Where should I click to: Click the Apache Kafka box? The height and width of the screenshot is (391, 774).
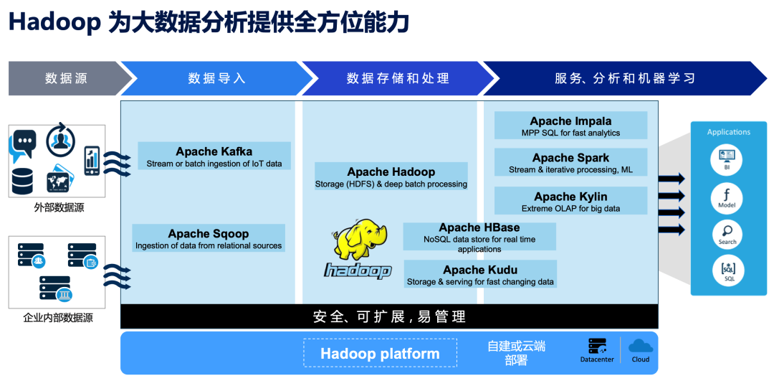pos(214,156)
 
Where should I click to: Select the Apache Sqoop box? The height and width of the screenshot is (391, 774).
pos(209,237)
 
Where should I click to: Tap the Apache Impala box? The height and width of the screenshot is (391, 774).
pos(570,125)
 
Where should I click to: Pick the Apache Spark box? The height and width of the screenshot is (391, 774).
pos(570,162)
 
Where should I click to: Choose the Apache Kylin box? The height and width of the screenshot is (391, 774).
pos(570,201)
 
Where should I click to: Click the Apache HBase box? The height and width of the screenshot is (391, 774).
pos(479,237)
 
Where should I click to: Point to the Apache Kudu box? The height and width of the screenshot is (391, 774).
pos(480,274)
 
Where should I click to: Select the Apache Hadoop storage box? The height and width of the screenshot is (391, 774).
pos(391,176)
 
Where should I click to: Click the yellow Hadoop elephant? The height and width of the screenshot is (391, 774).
pos(360,240)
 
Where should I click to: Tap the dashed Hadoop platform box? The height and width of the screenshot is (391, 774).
pos(380,352)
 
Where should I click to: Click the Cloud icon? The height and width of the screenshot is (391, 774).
pos(641,345)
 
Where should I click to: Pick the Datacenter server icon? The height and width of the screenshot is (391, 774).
pos(597,346)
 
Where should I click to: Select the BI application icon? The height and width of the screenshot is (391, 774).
pos(727,159)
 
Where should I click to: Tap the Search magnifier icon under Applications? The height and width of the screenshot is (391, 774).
pos(727,234)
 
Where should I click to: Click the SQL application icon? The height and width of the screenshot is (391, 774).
pos(728,271)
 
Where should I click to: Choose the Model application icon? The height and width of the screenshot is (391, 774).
pos(727,197)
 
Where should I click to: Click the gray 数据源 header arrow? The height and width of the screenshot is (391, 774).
pos(69,78)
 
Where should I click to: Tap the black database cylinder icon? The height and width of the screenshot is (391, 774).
pos(22,181)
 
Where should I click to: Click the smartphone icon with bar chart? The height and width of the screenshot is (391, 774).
pos(92,161)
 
